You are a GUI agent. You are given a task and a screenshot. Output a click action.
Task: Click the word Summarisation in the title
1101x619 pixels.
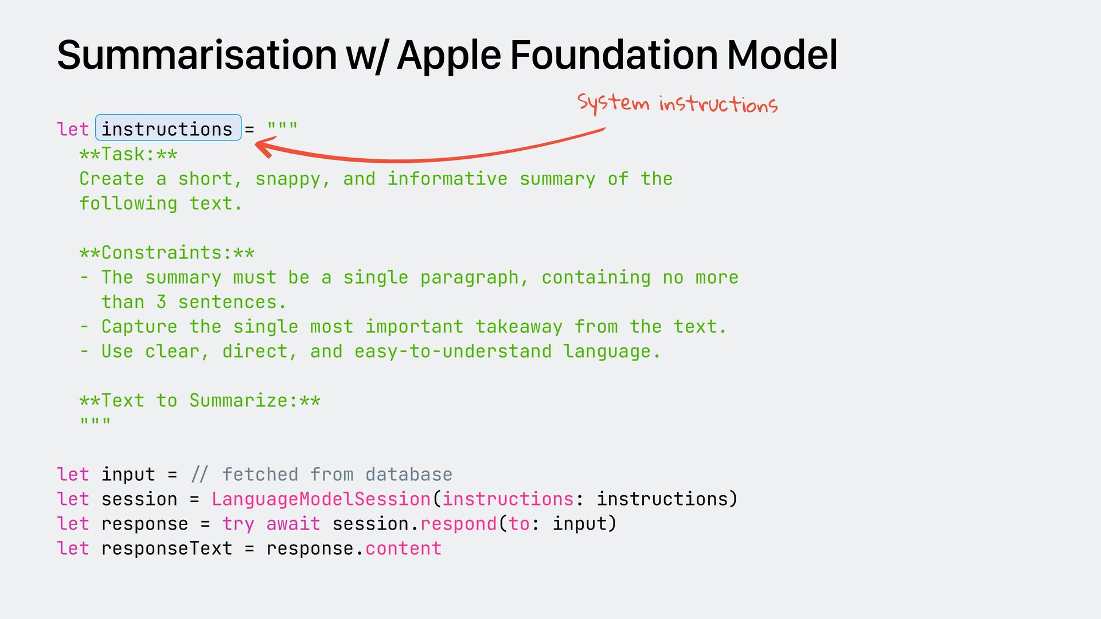[197, 55]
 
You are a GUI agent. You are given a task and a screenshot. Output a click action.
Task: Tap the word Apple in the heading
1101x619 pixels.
[448, 55]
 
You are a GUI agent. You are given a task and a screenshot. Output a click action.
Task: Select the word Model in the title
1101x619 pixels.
[782, 55]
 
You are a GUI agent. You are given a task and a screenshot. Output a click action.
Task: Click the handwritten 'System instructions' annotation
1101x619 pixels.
[677, 103]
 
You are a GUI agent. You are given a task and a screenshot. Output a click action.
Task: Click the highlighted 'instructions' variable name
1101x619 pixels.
[167, 129]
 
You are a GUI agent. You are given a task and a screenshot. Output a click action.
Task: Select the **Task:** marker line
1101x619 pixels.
[128, 154]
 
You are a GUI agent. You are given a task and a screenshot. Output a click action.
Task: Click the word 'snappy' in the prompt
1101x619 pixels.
[288, 179]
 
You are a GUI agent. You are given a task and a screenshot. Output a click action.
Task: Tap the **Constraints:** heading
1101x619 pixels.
[167, 253]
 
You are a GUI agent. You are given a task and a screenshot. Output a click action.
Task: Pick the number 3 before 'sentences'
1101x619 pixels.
[162, 302]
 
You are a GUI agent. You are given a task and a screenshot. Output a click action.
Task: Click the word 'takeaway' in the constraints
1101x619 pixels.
[518, 327]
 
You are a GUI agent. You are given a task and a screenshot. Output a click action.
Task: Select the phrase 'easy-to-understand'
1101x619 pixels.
[453, 351]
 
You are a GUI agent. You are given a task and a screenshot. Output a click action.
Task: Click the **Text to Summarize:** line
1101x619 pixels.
[200, 401]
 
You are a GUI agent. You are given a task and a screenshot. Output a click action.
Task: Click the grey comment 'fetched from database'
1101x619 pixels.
[337, 475]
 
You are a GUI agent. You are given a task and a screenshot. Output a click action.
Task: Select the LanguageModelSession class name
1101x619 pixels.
[321, 499]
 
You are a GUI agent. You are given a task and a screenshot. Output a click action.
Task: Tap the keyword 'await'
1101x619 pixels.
[293, 524]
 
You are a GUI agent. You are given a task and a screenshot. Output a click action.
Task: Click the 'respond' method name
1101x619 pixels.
[458, 524]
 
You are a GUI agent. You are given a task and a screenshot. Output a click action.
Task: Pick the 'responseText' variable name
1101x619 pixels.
[167, 549]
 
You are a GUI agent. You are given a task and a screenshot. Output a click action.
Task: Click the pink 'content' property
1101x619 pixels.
[403, 549]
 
